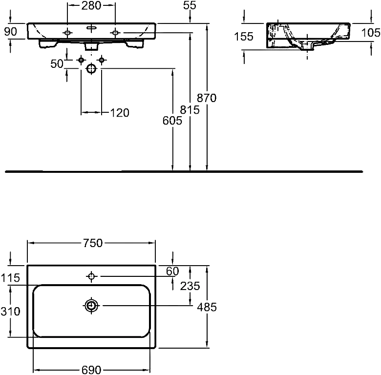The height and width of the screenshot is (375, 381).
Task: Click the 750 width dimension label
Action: pyautogui.click(x=93, y=243)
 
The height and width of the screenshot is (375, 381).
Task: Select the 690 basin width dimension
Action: pyautogui.click(x=91, y=370)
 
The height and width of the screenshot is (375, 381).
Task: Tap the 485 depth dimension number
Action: pyautogui.click(x=207, y=307)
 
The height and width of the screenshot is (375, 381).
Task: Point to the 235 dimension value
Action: pyautogui.click(x=190, y=286)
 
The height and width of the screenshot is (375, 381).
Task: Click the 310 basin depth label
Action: pyautogui.click(x=10, y=312)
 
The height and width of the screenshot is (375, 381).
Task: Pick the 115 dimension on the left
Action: pyautogui.click(x=10, y=278)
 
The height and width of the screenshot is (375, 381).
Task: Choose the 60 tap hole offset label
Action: pyautogui.click(x=172, y=271)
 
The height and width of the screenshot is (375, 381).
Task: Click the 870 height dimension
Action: pyautogui.click(x=207, y=98)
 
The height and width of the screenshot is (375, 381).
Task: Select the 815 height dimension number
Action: pyautogui.click(x=190, y=110)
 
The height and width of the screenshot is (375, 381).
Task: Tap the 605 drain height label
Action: pyautogui.click(x=172, y=121)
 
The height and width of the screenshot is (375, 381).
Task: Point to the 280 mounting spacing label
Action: pyautogui.click(x=91, y=5)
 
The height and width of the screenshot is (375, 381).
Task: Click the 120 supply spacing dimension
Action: pyautogui.click(x=120, y=113)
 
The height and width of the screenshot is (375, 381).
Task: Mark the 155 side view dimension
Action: pyautogui.click(x=244, y=37)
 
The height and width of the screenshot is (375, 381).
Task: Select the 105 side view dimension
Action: pyautogui.click(x=371, y=33)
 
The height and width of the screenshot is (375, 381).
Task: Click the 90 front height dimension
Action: pyautogui.click(x=11, y=32)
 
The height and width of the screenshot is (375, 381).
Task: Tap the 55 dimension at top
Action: pyautogui.click(x=190, y=5)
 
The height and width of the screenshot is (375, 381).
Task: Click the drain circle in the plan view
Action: pyautogui.click(x=91, y=305)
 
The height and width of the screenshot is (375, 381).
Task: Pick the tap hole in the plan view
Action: pyautogui.click(x=91, y=276)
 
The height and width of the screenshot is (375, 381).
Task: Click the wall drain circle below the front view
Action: pyautogui.click(x=91, y=69)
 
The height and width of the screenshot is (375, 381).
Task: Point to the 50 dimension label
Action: pyautogui.click(x=57, y=64)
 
